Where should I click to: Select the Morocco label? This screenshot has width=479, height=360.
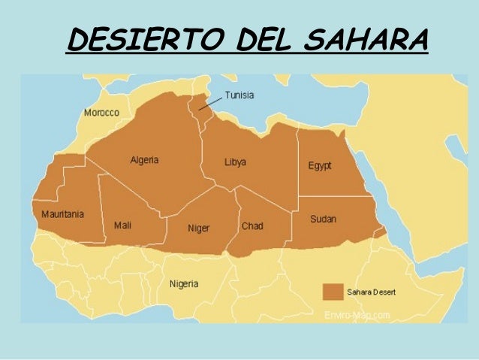[101, 113]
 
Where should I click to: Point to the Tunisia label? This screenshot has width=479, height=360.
[239, 95]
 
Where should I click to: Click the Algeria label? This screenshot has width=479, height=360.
[144, 160]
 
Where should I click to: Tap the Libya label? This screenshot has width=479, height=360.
[235, 162]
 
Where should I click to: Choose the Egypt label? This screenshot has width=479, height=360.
[319, 165]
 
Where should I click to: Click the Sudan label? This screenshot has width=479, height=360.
[323, 219]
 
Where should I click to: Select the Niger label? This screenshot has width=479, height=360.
[198, 228]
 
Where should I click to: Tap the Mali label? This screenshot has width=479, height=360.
[122, 225]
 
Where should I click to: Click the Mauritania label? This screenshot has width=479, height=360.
[62, 214]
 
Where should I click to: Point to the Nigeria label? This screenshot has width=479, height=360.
[184, 284]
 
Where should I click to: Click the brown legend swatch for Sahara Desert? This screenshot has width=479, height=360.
[332, 291]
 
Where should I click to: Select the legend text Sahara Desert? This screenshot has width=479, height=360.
[371, 292]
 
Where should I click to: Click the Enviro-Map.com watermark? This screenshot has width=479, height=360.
[357, 315]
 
